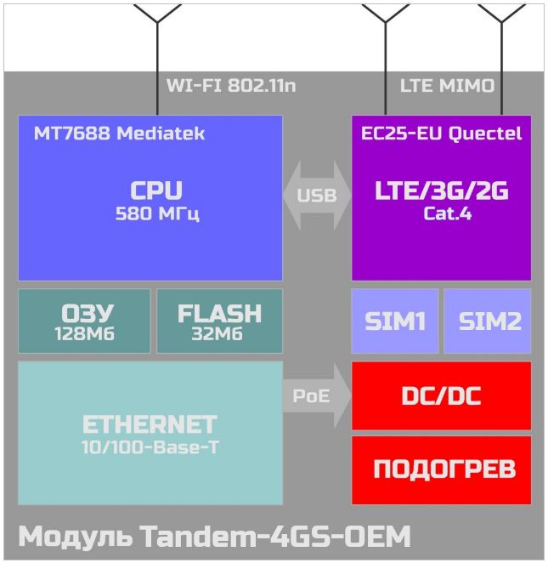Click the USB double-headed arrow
pyautogui.click(x=317, y=196)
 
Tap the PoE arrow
pyautogui.click(x=317, y=395)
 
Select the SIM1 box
pyautogui.click(x=395, y=321)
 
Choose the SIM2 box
pyautogui.click(x=488, y=321)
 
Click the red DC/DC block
pyautogui.click(x=442, y=395)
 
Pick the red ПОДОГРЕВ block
pyautogui.click(x=442, y=470)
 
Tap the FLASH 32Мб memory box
pyautogui.click(x=219, y=321)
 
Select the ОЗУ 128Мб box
pyautogui.click(x=84, y=321)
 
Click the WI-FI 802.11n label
pyautogui.click(x=231, y=86)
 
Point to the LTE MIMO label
pyautogui.click(x=447, y=86)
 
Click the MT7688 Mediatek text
pyautogui.click(x=119, y=134)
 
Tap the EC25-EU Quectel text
pyautogui.click(x=441, y=134)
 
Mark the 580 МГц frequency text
pyautogui.click(x=157, y=213)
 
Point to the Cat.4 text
pyautogui.click(x=448, y=213)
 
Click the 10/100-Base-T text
pyautogui.click(x=150, y=447)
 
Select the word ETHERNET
pyautogui.click(x=150, y=424)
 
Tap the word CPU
pyautogui.click(x=156, y=190)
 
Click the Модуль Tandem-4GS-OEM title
pyautogui.click(x=214, y=536)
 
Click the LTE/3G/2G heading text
pyautogui.click(x=442, y=191)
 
